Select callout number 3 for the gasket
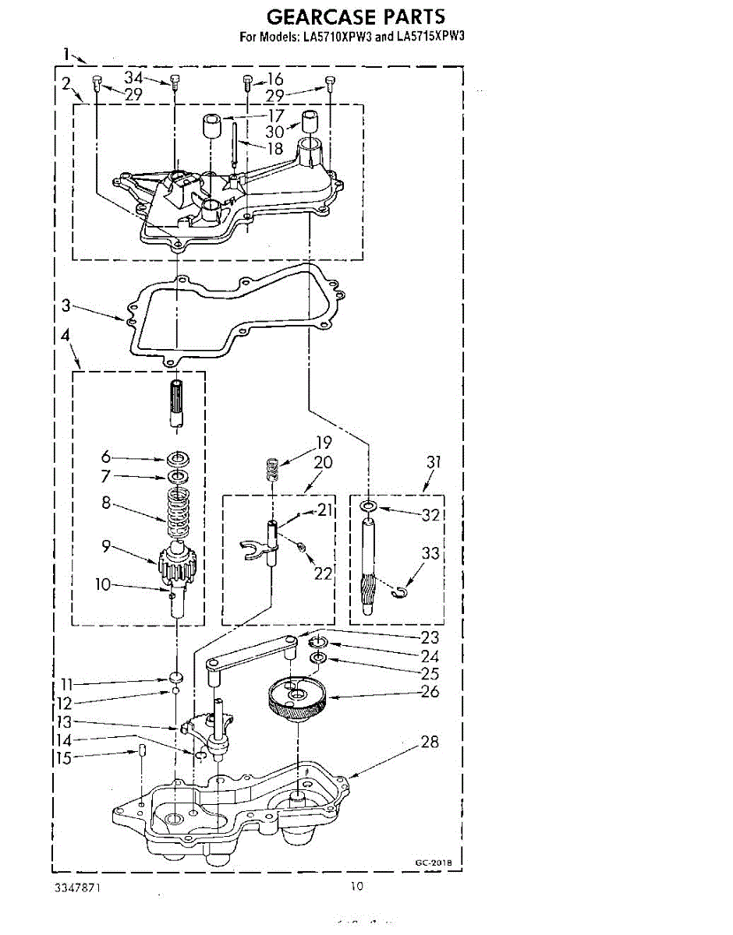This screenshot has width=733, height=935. tap(67, 306)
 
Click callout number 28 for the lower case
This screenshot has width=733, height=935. tap(430, 742)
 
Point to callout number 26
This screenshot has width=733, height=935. tap(430, 691)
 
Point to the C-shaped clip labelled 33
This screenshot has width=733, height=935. tap(401, 595)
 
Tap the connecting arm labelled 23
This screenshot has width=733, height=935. tap(251, 651)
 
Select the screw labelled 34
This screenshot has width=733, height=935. tap(175, 80)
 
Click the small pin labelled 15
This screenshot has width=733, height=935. tap(143, 750)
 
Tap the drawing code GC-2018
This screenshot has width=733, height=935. tap(433, 863)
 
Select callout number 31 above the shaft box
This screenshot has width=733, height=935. tap(434, 463)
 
